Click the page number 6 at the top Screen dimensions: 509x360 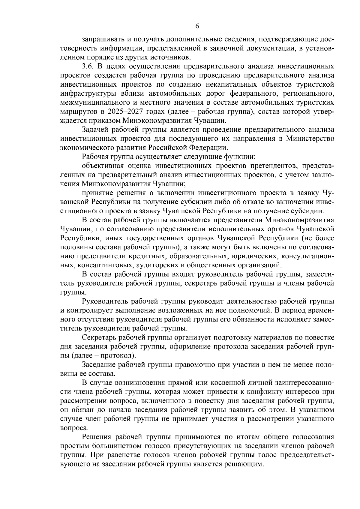pyautogui.click(x=197, y=26)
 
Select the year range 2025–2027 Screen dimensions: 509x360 pyautogui.click(x=133, y=112)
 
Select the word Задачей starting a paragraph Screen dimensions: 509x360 pyautogui.click(x=95, y=130)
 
